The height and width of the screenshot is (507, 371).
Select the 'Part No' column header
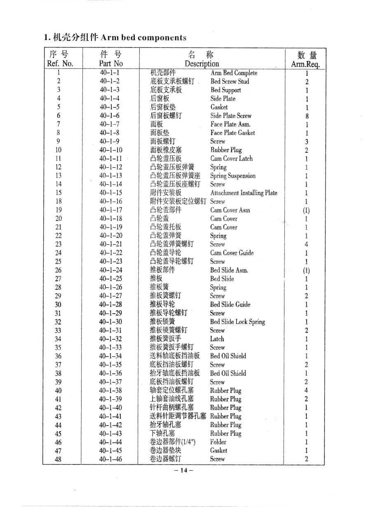tap(110, 63)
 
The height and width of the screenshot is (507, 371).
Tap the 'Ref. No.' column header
tap(60, 63)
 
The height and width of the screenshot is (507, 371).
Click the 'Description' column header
tap(202, 63)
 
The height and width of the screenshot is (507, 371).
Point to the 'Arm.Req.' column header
tap(305, 64)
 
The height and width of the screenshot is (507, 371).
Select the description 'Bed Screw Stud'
tap(230, 81)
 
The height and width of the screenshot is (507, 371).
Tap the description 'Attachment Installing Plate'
tap(244, 193)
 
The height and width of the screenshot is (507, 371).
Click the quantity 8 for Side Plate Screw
tap(307, 116)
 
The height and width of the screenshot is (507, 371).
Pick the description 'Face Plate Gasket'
tap(232, 133)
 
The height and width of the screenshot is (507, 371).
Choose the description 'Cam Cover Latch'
tap(231, 159)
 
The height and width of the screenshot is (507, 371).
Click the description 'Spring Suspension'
tap(232, 176)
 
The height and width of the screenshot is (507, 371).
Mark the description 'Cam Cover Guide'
tap(232, 253)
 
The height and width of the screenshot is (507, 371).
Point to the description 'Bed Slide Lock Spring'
tap(237, 322)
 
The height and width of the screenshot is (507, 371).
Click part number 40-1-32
tap(110, 339)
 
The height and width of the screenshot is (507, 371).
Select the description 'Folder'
tap(218, 442)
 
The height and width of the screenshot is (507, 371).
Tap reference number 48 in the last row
tap(58, 459)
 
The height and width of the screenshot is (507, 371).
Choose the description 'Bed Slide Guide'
tap(230, 305)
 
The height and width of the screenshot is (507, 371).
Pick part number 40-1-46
tap(110, 459)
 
